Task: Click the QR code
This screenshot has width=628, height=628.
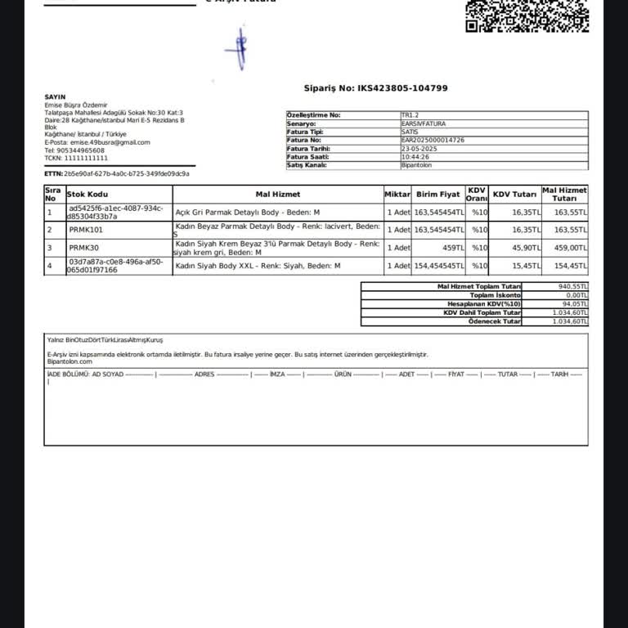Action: coord(526,15)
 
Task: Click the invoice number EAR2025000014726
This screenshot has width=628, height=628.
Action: coord(433,141)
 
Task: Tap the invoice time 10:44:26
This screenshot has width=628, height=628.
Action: coord(416,157)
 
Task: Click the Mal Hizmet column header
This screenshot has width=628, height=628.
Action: coord(278,195)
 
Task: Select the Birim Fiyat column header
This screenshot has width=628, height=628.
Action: coord(438,195)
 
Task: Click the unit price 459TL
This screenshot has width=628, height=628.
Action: coord(453,248)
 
